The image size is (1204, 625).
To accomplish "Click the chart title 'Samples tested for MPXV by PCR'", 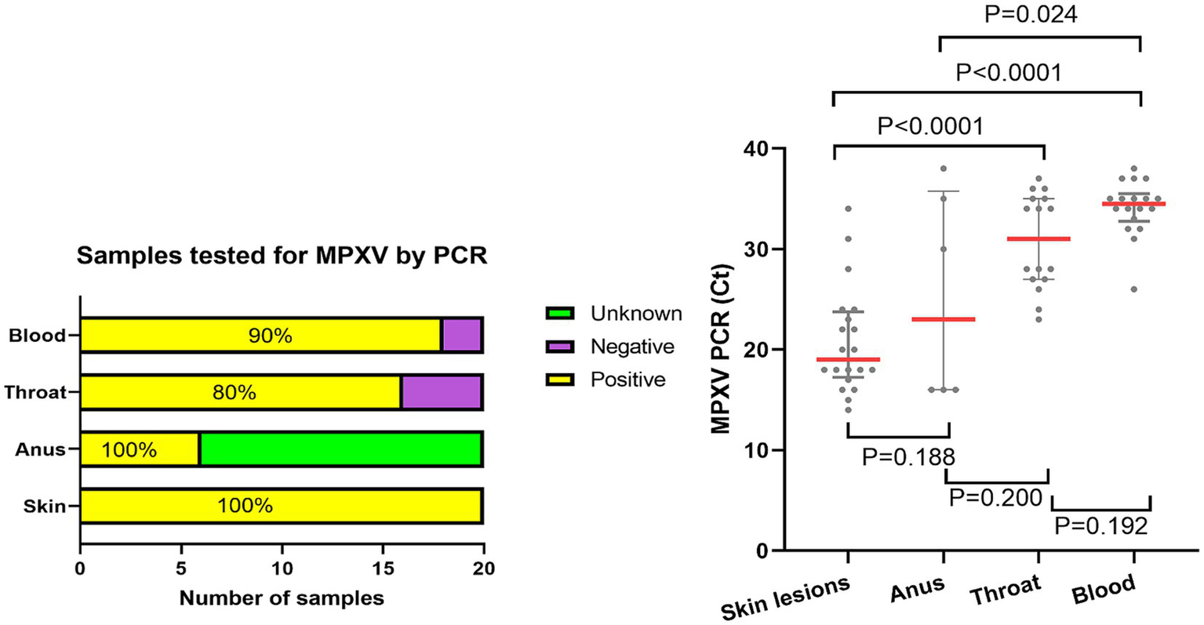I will (x=282, y=256).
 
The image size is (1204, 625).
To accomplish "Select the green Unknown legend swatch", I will (x=560, y=314).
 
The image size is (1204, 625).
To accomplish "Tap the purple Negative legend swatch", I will (x=560, y=347).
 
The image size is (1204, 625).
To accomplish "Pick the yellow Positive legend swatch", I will (x=560, y=380).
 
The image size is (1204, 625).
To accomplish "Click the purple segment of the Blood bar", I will (x=461, y=336).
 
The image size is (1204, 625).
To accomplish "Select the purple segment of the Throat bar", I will (x=441, y=392).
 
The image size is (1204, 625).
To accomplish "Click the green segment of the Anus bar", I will (x=340, y=449).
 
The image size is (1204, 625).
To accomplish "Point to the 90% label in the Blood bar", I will (x=270, y=336).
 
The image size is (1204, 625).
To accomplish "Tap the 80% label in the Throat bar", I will (x=234, y=392).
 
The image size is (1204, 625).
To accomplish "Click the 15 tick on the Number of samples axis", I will (x=383, y=569).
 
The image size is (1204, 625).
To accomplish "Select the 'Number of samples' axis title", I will (x=282, y=598).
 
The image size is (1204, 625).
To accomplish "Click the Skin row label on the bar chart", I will (x=44, y=506).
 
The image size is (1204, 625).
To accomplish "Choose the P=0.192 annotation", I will (x=1100, y=525).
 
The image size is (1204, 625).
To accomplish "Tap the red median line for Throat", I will (x=1039, y=238).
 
